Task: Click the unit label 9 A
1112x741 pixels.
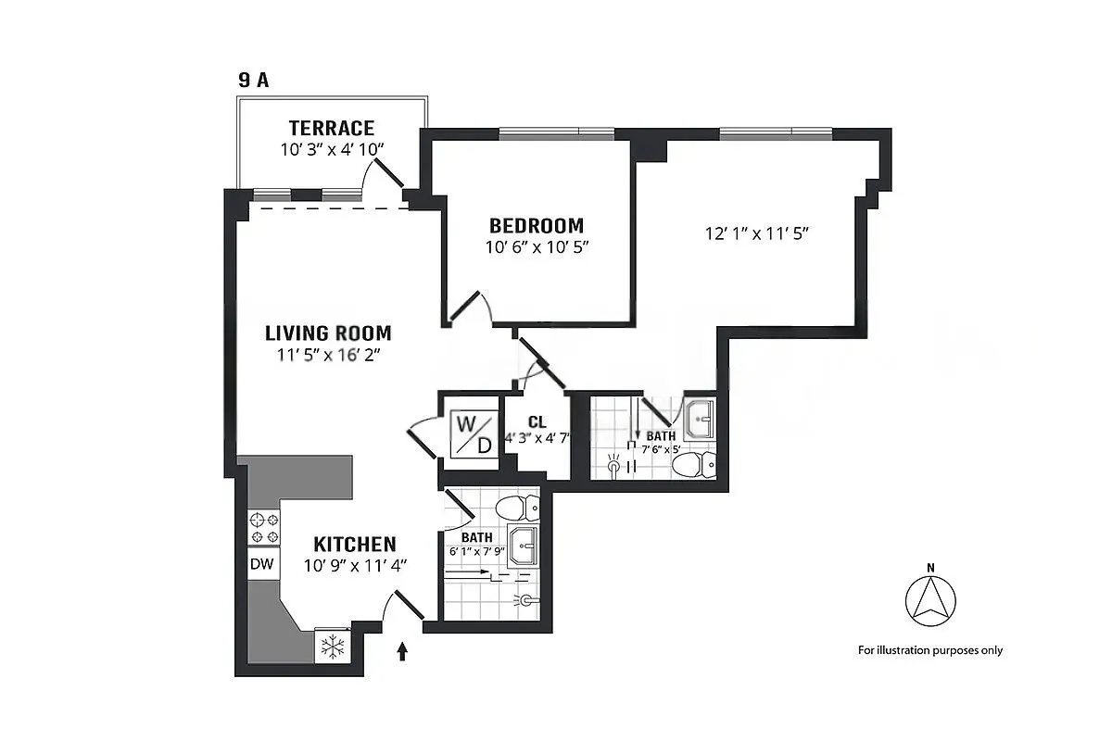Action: tap(253, 80)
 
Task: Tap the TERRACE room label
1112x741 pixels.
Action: tap(331, 128)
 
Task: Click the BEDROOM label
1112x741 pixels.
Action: tap(537, 225)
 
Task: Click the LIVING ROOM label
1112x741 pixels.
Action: tap(328, 333)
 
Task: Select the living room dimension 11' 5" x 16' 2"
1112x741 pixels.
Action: tap(328, 356)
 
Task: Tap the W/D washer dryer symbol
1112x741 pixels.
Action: tap(473, 433)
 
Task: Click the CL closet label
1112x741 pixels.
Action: tap(537, 422)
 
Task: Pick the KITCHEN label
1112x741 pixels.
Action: tap(355, 544)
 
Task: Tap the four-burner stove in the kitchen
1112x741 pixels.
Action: tap(263, 528)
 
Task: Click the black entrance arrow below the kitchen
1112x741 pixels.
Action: tap(403, 653)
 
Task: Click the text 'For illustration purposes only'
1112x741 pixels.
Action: tap(929, 650)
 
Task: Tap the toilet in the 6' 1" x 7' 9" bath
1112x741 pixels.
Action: tap(517, 508)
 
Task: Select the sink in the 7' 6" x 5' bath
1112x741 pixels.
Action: tap(700, 421)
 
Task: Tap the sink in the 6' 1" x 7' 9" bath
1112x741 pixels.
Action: tap(523, 546)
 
